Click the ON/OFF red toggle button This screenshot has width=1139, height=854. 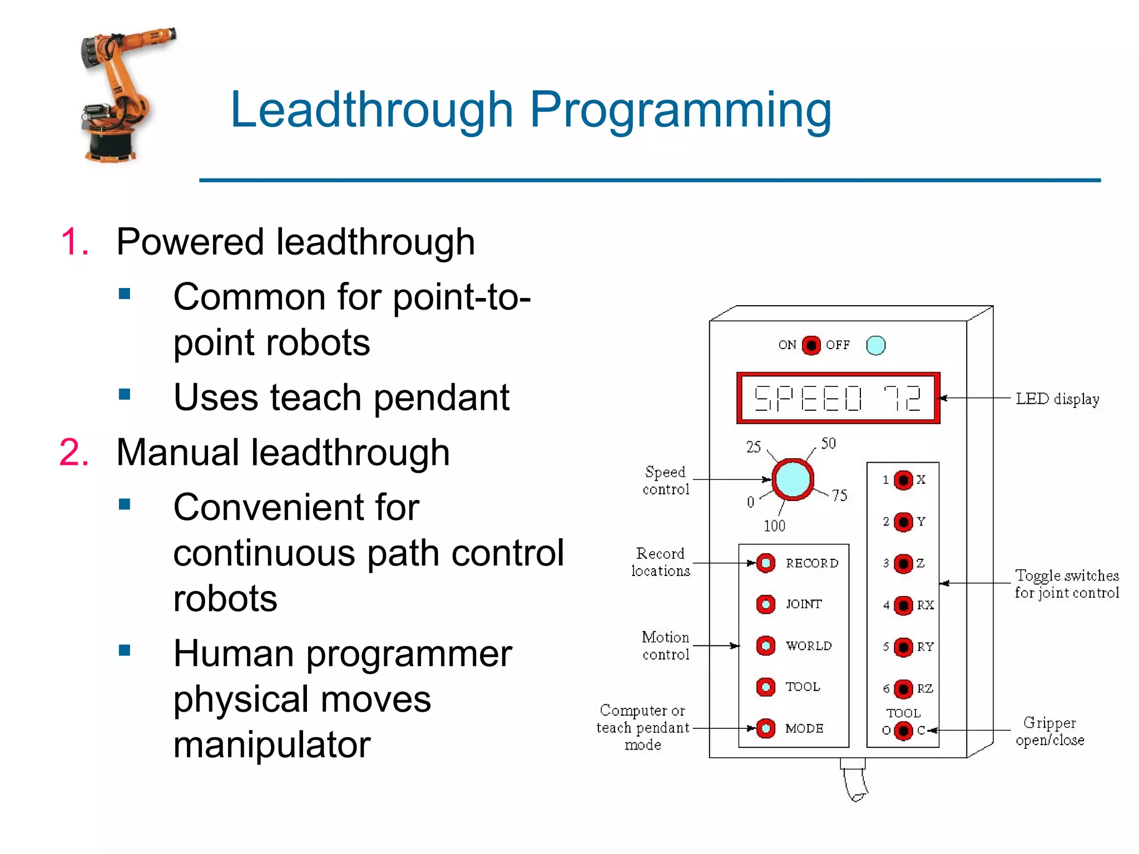[811, 345]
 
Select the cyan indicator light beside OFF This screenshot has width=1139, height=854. [875, 345]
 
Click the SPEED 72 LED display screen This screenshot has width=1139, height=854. [838, 398]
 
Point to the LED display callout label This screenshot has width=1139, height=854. [1057, 399]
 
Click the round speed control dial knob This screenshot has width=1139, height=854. [793, 479]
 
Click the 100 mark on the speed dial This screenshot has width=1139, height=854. [774, 525]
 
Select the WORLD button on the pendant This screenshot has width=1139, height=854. [766, 646]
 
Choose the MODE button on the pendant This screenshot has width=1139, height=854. [766, 728]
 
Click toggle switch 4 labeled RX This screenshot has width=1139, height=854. [903, 605]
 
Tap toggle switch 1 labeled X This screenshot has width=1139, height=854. [903, 480]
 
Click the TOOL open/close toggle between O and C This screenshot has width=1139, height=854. [903, 730]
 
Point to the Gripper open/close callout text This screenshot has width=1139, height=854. [1049, 731]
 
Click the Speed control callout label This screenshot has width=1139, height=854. [666, 480]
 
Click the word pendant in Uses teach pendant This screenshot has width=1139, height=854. [441, 398]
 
